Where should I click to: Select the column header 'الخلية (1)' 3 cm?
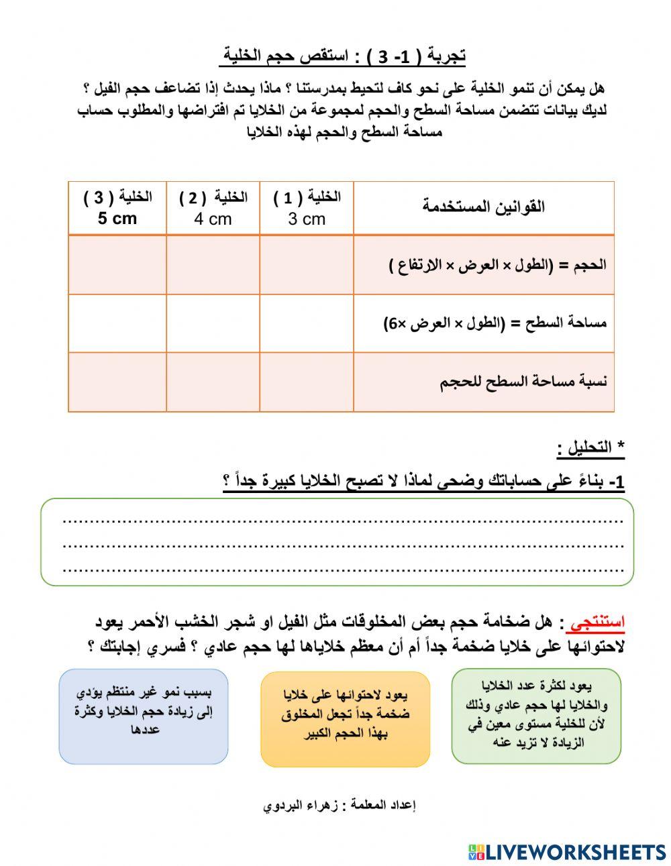click(307, 208)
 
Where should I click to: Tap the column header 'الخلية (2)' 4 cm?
click(213, 208)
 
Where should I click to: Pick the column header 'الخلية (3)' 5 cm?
click(117, 208)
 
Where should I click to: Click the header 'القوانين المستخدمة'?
click(483, 207)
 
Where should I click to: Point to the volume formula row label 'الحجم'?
click(497, 265)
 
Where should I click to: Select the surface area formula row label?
click(495, 323)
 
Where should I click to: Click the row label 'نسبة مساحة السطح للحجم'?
click(523, 382)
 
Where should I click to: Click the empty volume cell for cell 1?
click(307, 265)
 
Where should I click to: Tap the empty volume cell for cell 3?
click(117, 265)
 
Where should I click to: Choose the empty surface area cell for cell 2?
click(213, 323)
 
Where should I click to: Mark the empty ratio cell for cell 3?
click(117, 382)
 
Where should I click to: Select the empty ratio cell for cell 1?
click(307, 382)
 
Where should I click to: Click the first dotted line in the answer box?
click(342, 521)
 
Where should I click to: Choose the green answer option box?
click(535, 716)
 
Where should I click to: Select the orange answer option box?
click(345, 718)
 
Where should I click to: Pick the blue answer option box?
click(144, 716)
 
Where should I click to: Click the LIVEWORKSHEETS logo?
click(567, 851)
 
